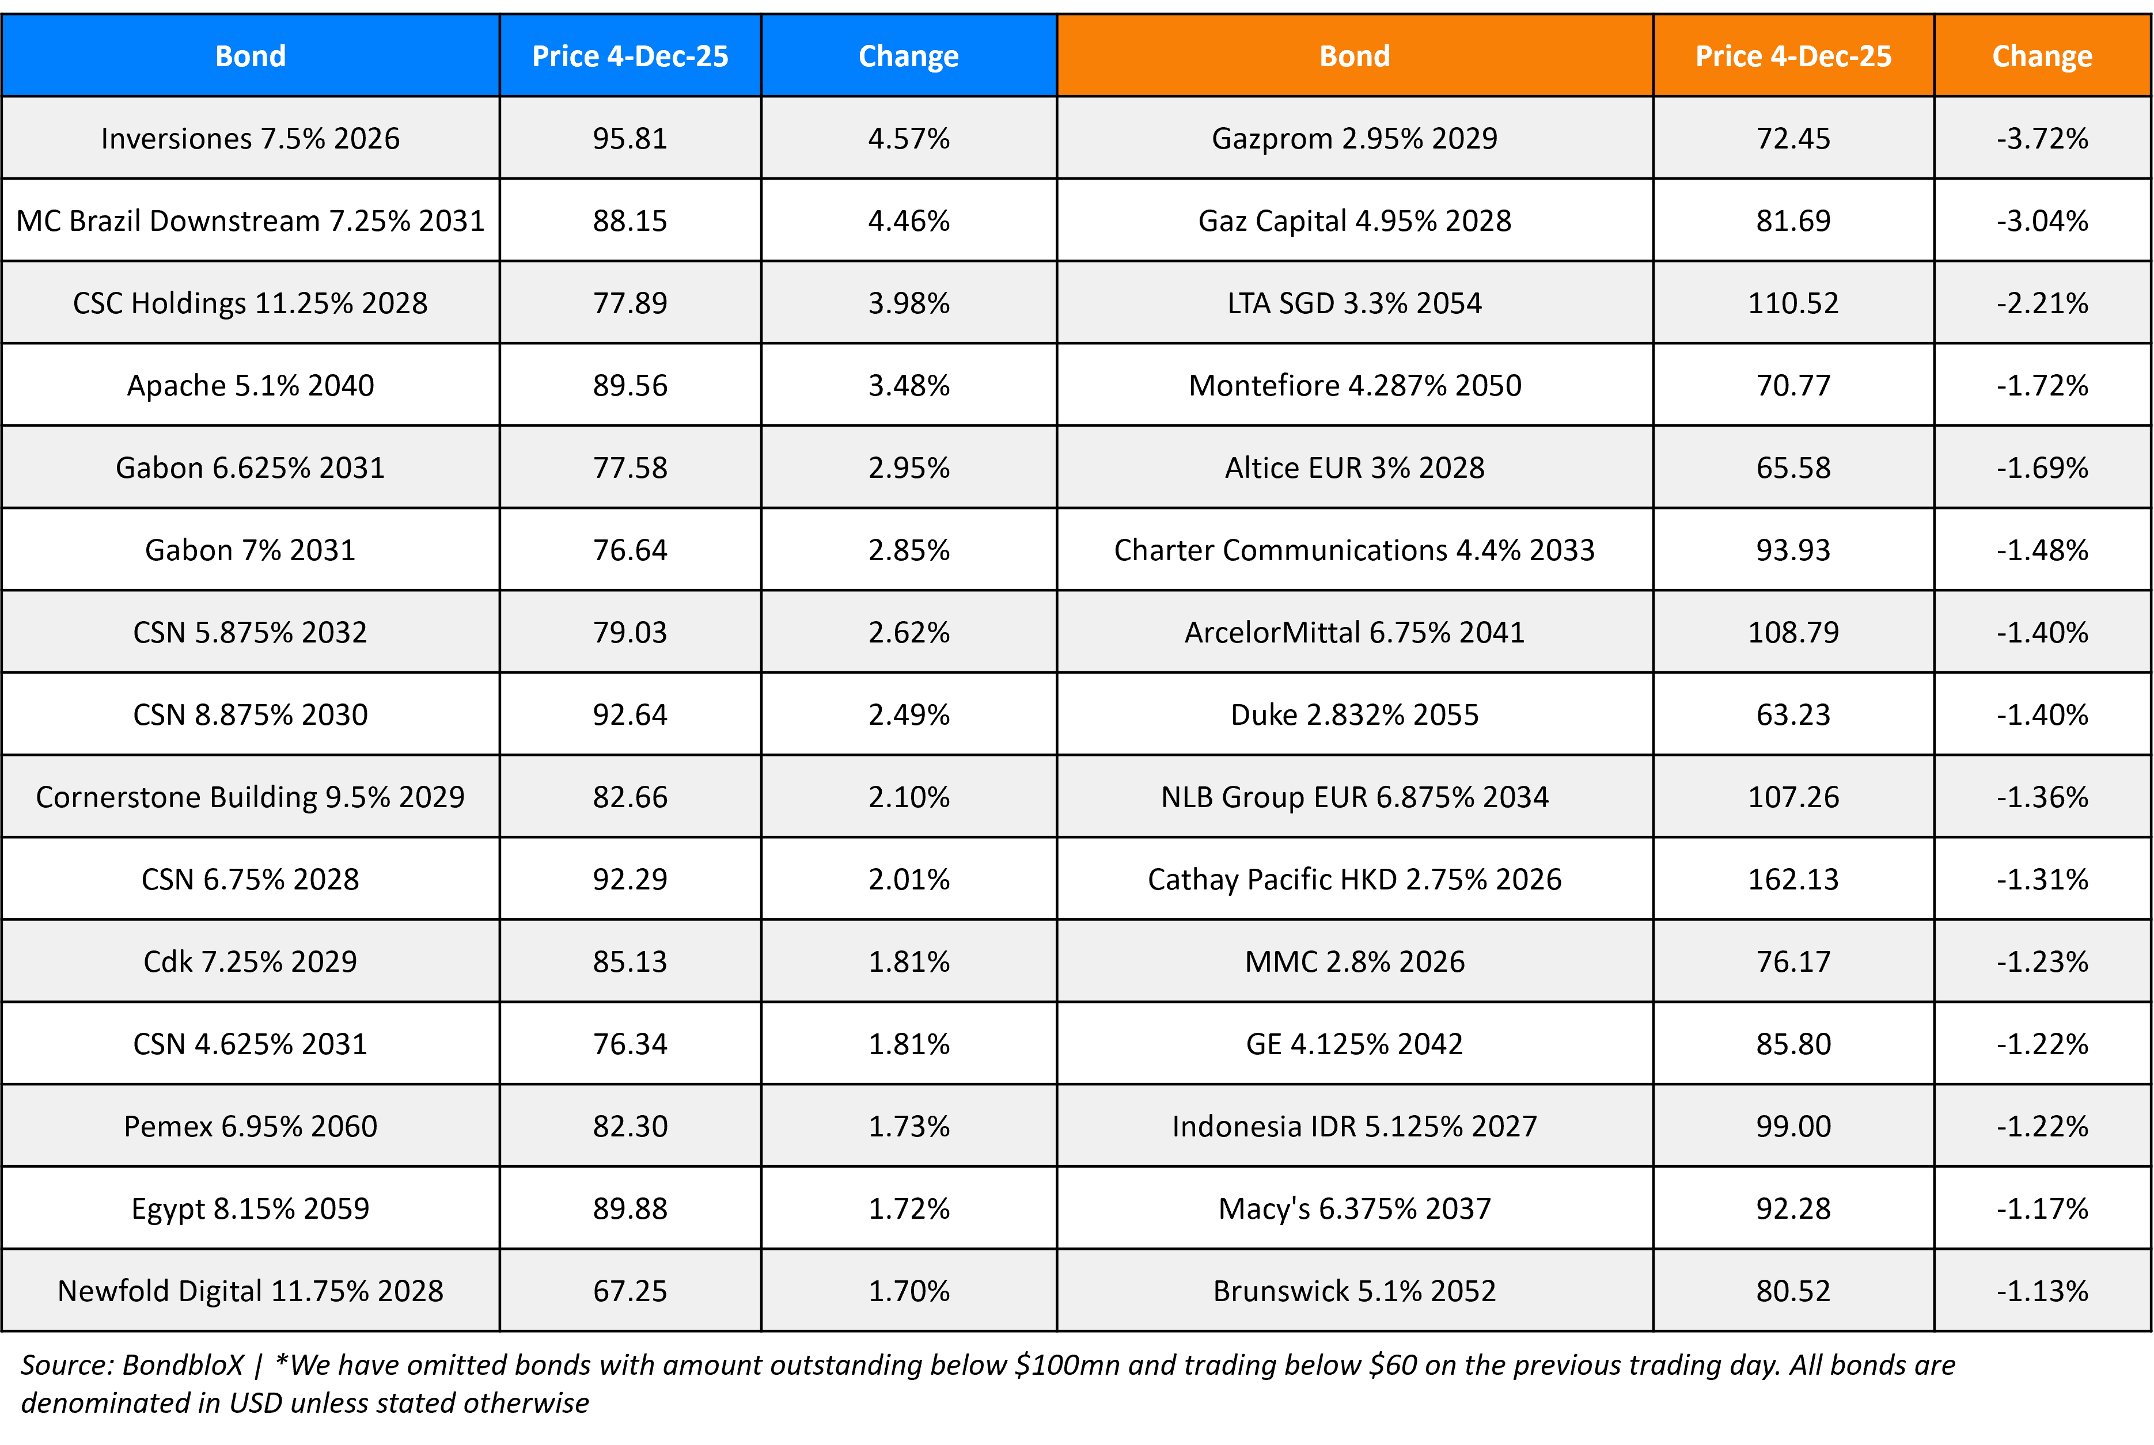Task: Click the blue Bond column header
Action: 250,56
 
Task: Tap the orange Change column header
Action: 2042,56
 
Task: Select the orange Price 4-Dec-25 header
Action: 1793,56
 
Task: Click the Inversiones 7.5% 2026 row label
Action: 250,138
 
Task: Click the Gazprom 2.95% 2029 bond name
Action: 1354,138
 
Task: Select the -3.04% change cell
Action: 2042,220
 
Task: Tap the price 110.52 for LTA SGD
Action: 1793,303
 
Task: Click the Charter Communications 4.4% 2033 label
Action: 1354,550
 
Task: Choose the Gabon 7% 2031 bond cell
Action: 250,550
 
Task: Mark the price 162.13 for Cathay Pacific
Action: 1793,879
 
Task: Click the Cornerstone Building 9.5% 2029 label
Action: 250,797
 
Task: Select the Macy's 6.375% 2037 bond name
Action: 1354,1208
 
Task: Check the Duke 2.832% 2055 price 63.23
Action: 1793,715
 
